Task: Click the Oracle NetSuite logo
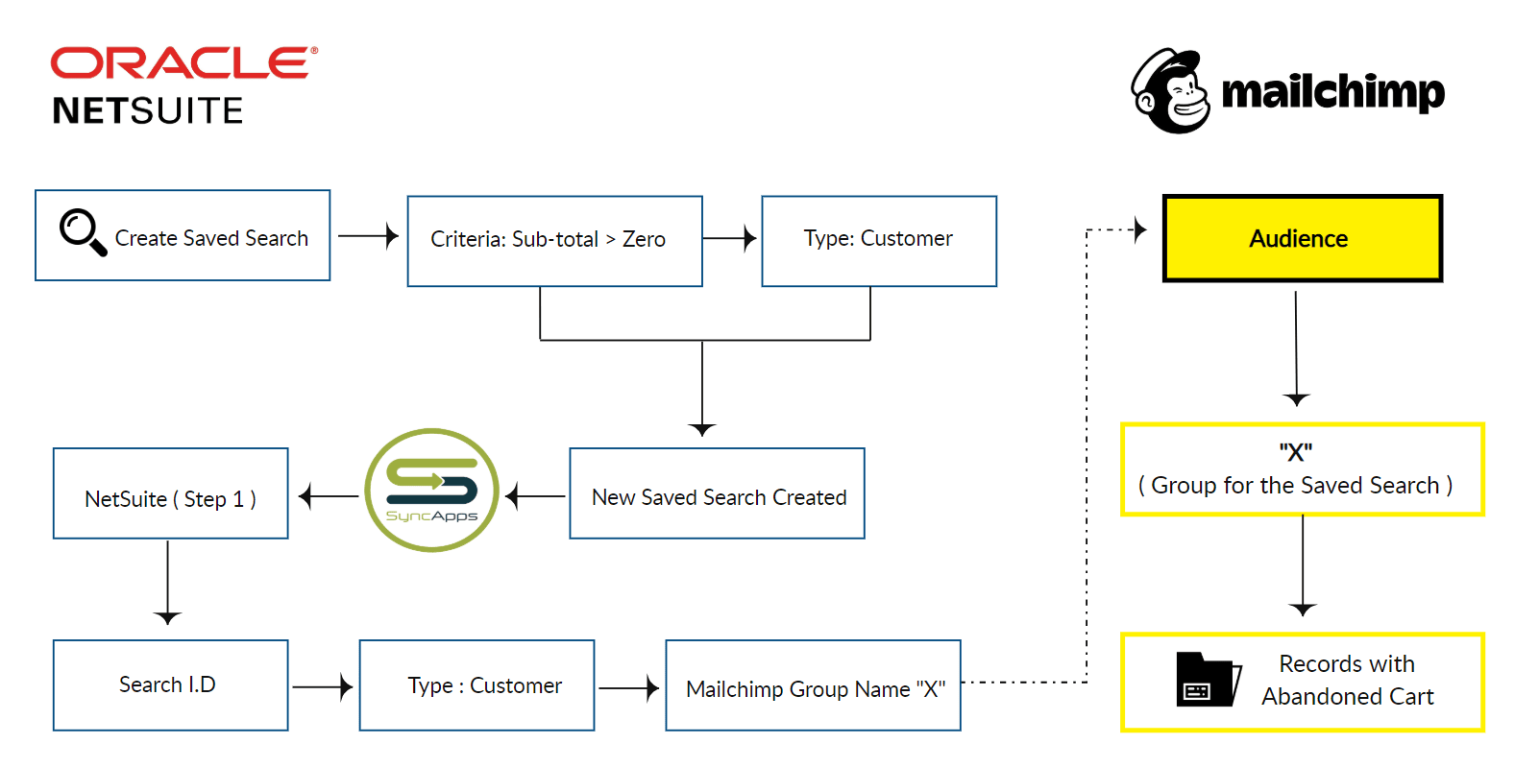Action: point(183,85)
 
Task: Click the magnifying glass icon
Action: point(83,231)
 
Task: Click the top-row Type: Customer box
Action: point(878,240)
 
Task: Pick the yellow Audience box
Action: point(1302,238)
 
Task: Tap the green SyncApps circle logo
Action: point(432,490)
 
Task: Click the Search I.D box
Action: point(170,685)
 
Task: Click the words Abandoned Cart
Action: point(1347,697)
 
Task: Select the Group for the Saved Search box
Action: point(1302,470)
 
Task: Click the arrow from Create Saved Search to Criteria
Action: point(369,236)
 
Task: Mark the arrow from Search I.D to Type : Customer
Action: point(323,686)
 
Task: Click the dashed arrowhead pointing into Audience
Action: point(1139,229)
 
